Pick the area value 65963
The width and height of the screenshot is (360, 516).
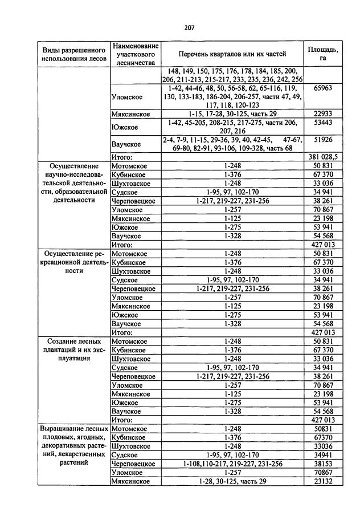pyautogui.click(x=322, y=89)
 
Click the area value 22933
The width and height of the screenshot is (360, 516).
pyautogui.click(x=322, y=114)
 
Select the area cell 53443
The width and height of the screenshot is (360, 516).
pyautogui.click(x=322, y=123)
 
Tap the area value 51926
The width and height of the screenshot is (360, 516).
pyautogui.click(x=322, y=140)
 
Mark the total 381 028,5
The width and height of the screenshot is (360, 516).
pyautogui.click(x=322, y=157)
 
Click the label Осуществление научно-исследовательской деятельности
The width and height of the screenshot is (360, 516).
pyautogui.click(x=73, y=183)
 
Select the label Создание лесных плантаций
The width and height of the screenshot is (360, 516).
pyautogui.click(x=73, y=349)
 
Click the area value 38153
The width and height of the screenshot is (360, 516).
pyautogui.click(x=322, y=464)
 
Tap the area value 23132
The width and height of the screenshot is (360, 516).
pyautogui.click(x=322, y=481)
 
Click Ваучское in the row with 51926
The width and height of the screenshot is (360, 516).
pyautogui.click(x=126, y=144)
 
